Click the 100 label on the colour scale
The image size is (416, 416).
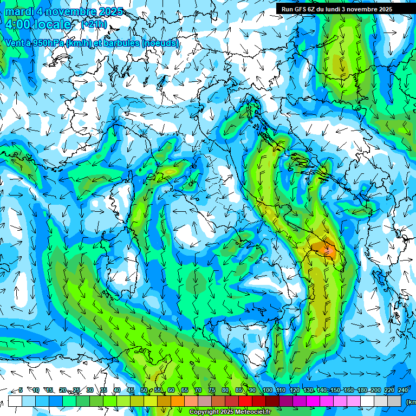268,390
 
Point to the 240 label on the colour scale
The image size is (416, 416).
403,390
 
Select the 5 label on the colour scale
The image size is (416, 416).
21,390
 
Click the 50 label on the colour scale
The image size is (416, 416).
144,390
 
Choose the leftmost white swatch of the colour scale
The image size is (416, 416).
15,401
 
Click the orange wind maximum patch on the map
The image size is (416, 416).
324,249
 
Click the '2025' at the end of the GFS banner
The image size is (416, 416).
385,9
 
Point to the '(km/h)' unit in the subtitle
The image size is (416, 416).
76,43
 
